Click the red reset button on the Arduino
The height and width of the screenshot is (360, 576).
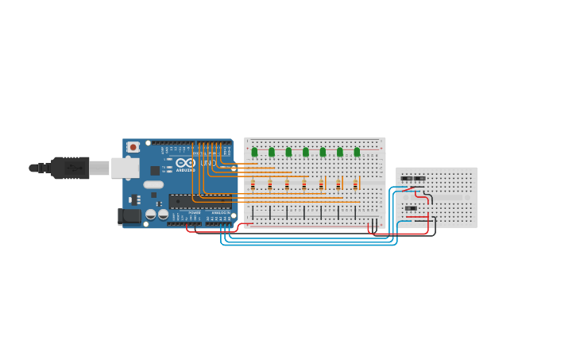tap(133, 147)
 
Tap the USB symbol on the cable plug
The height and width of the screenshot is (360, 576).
tap(74, 168)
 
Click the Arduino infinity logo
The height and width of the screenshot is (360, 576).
tap(185, 163)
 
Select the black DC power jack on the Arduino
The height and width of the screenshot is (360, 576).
tap(128, 215)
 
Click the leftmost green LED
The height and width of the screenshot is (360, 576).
tap(254, 152)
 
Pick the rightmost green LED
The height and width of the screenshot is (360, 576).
tap(357, 152)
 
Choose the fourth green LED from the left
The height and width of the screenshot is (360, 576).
tap(306, 152)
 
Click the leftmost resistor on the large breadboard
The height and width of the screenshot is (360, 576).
tap(253, 185)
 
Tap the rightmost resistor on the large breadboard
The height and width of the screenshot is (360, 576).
tap(355, 185)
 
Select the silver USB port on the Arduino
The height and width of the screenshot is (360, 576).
tap(125, 168)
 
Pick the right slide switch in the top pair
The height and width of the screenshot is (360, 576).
tap(419, 179)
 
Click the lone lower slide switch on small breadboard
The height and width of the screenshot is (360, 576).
tap(411, 208)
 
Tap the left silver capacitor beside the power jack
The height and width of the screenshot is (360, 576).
tap(150, 214)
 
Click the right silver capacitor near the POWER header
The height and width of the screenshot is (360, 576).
tap(163, 214)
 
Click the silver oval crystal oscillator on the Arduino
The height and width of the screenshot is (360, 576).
tap(153, 184)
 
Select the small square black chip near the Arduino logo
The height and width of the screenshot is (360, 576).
tap(155, 170)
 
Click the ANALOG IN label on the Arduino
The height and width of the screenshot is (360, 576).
tap(219, 213)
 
